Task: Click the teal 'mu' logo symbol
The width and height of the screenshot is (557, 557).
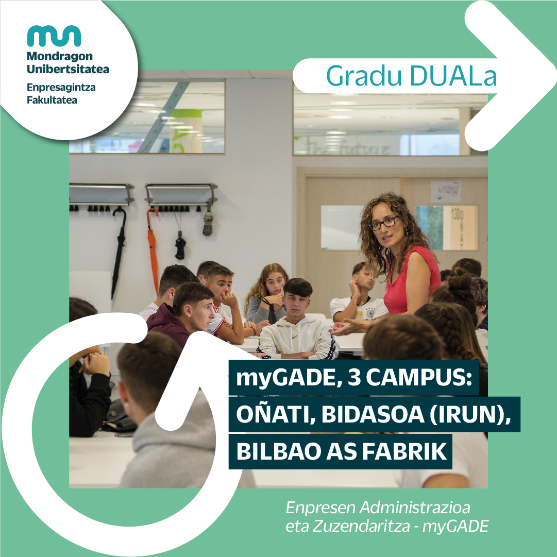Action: (x=54, y=36)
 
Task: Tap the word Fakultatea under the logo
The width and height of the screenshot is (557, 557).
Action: (x=52, y=100)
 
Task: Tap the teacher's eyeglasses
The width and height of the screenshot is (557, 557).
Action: (x=383, y=223)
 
